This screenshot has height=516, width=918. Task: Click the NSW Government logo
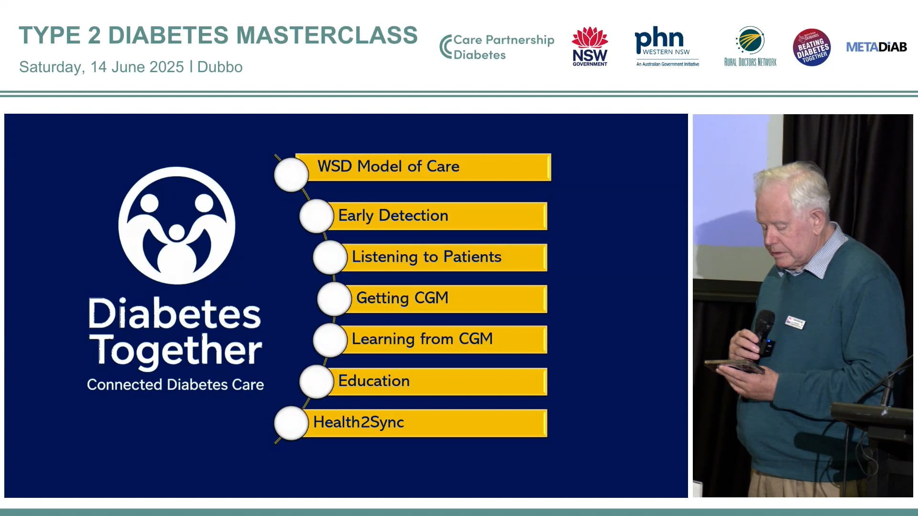coord(590,46)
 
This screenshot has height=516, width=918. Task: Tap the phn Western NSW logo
coord(667,46)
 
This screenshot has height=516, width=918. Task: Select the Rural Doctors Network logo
coord(750,46)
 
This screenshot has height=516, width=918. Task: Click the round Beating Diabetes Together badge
coord(812,47)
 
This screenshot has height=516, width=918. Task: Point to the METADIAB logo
coord(876,47)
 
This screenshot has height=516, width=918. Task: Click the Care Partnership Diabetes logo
coord(497,47)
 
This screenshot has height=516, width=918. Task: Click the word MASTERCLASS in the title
coord(327,35)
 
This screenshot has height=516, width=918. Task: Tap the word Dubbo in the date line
coord(220,67)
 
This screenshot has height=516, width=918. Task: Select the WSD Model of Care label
coord(388,166)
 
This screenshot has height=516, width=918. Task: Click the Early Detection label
coord(393,215)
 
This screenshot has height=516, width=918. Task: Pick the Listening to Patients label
coord(426,257)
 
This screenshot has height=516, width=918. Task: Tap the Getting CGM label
coord(402,298)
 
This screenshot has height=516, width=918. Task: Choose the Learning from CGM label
coord(422,339)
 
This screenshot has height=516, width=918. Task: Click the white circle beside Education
coord(316,381)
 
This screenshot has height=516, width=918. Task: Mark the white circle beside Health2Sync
coord(291,423)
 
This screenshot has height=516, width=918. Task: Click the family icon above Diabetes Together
coord(177,226)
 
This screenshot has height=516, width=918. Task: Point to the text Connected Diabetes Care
coord(175,385)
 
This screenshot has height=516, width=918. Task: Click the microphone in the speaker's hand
coord(765,333)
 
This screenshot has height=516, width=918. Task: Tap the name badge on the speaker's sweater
coord(795,322)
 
